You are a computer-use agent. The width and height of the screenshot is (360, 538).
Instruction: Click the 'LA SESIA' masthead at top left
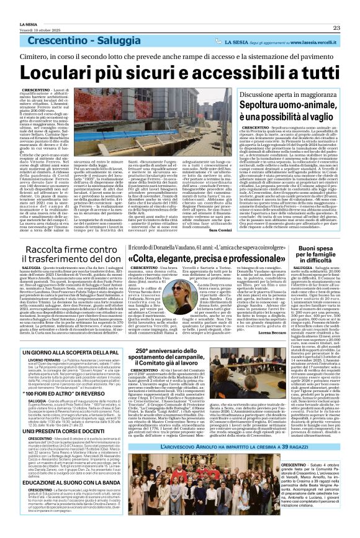(x=18, y=6)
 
